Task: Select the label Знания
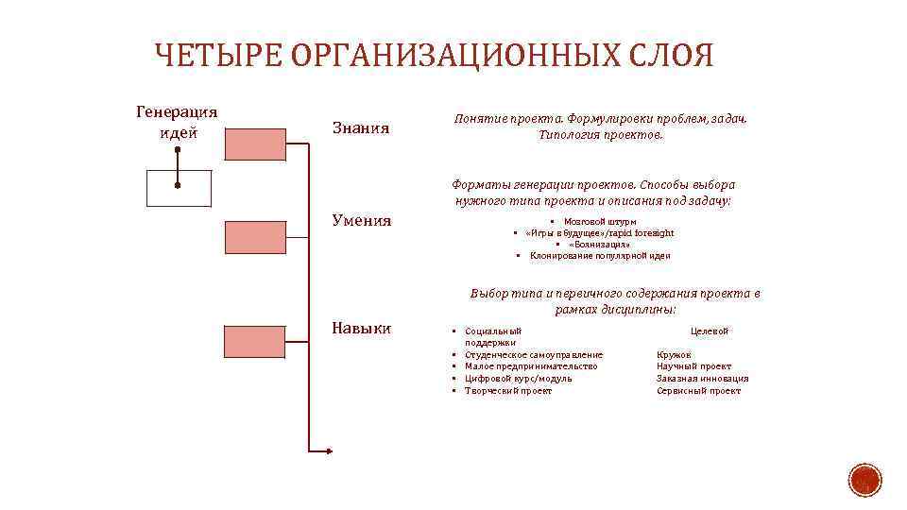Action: point(361,127)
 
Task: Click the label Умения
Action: point(362,221)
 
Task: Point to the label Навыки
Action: point(362,328)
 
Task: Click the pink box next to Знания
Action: point(254,144)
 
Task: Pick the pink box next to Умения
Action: point(254,235)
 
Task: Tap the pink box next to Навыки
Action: point(254,341)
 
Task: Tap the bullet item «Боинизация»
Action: point(599,244)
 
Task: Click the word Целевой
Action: point(710,331)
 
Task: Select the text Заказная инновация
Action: point(702,378)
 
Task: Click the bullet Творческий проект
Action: point(507,390)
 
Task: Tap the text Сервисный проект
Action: point(698,390)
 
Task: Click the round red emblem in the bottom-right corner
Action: point(864,480)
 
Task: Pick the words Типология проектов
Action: point(601,134)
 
